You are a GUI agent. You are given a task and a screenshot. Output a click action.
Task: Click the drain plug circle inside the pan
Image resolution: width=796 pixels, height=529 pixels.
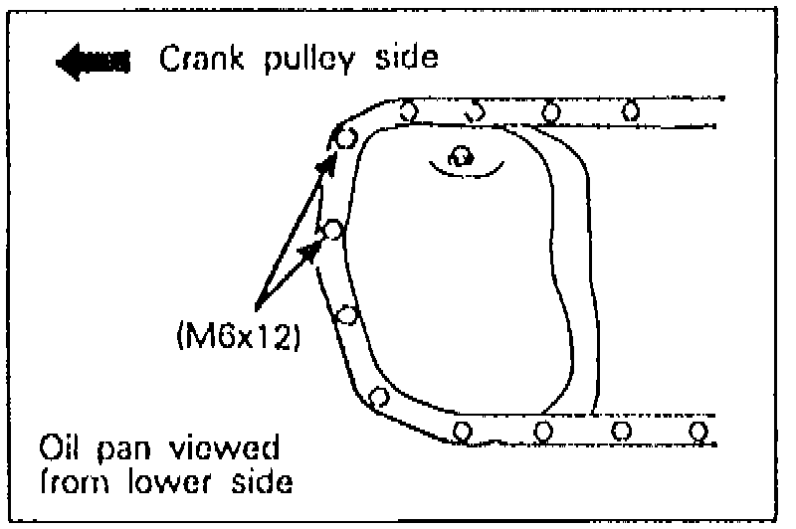[x=460, y=156]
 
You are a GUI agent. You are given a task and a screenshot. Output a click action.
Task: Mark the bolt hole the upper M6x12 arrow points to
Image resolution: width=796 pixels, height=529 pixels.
[x=344, y=137]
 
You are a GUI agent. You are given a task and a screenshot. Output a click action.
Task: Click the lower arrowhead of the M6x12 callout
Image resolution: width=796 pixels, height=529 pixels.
[x=313, y=249]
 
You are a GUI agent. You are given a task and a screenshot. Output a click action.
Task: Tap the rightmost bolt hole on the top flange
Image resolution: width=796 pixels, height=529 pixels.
[x=629, y=110]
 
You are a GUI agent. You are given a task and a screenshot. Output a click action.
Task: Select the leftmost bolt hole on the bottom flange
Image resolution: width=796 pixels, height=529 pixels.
[x=461, y=431]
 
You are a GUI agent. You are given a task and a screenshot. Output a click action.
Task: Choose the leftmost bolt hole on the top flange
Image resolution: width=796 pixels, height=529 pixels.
[x=406, y=110]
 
